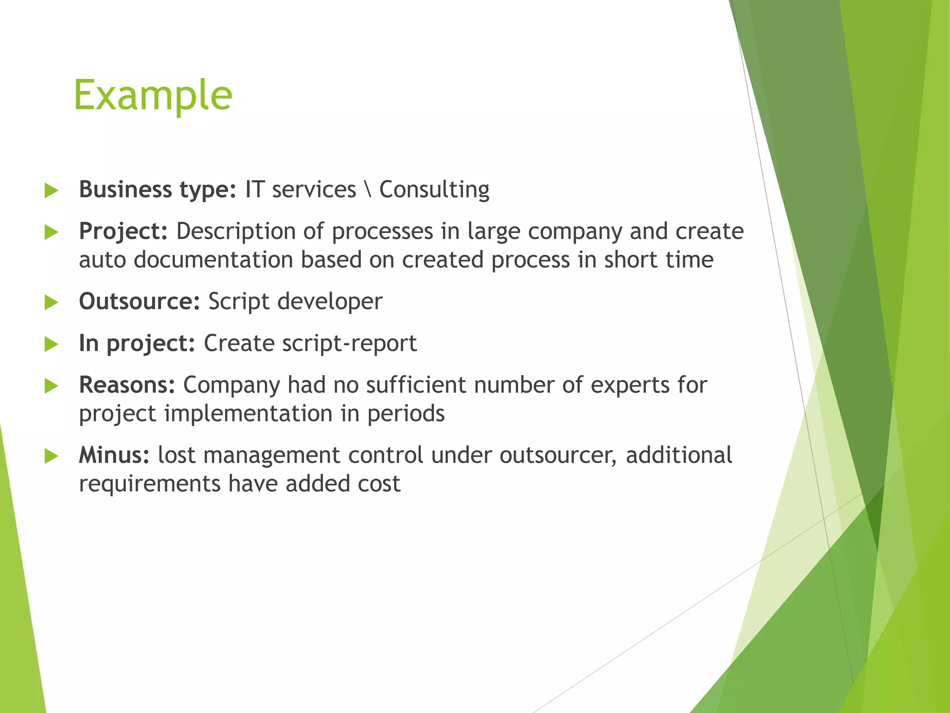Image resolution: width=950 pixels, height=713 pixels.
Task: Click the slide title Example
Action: pyautogui.click(x=153, y=96)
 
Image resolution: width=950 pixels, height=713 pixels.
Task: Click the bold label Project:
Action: pyautogui.click(x=123, y=232)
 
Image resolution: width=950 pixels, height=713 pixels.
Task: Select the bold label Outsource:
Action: pyautogui.click(x=139, y=302)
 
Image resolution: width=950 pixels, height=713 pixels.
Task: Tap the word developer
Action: pyautogui.click(x=330, y=302)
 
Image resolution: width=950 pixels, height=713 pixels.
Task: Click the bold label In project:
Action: pyautogui.click(x=137, y=344)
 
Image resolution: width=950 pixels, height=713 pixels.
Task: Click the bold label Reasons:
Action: pyautogui.click(x=127, y=385)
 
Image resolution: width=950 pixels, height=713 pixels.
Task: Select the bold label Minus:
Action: pyautogui.click(x=114, y=455)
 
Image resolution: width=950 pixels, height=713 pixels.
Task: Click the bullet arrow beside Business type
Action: pyautogui.click(x=51, y=191)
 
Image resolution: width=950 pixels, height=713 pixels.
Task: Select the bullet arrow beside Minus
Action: pyautogui.click(x=51, y=456)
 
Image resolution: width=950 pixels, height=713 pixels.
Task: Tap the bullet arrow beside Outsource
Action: pyautogui.click(x=51, y=303)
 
